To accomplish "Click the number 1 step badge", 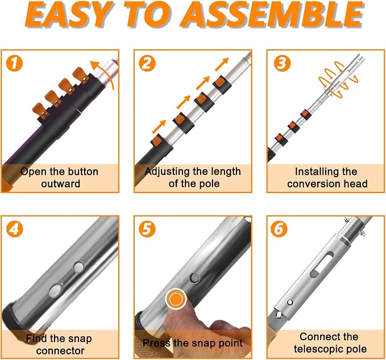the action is point(14,63).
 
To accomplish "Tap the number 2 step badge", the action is point(147,63).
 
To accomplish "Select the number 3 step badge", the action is point(282,63).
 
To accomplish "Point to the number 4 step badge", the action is point(14,229).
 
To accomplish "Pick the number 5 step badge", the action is point(147,229).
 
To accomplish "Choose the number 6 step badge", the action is point(279,229).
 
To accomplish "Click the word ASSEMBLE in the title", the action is point(273,14).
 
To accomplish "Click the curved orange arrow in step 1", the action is point(105,73).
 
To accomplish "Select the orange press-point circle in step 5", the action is point(176,299).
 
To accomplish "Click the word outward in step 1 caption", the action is point(61,183).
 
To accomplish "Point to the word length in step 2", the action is point(224,172).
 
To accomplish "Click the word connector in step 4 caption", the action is point(60,351).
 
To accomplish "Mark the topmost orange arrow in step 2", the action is point(222,64).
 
